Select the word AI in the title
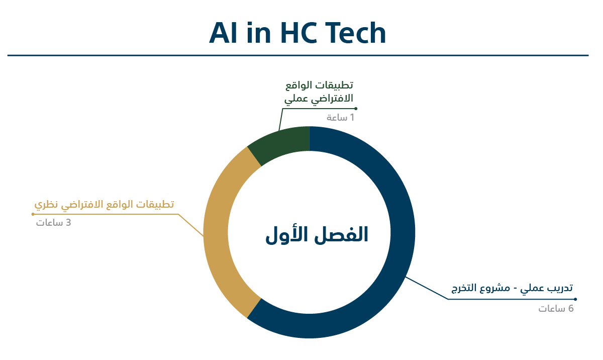223,33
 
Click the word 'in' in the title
259,33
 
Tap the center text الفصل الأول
317,235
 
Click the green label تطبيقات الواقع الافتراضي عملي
319,92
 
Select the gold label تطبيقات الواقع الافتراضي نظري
104,204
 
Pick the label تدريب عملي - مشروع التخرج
512,288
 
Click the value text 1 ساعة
340,117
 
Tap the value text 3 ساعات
54,223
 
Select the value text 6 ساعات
556,309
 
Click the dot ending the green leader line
356,109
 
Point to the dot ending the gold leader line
33,214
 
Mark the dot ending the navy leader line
575,299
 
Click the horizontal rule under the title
298,55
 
